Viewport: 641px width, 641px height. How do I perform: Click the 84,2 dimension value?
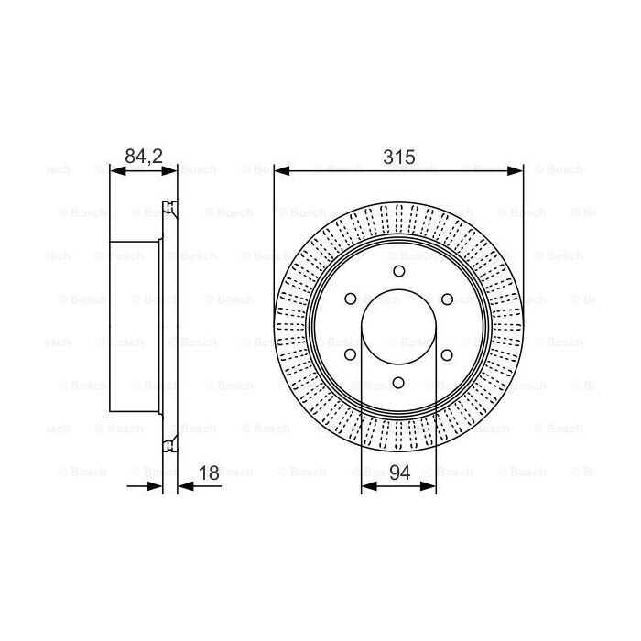tap(143, 157)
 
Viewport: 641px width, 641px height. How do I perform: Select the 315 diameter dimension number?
tap(397, 157)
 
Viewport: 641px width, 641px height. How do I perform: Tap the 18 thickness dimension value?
tap(208, 473)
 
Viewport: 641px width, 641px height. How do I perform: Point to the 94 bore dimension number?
tap(398, 473)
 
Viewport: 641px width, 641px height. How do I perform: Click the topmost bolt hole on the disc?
tap(398, 271)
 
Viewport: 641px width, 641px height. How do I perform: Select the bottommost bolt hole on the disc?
tap(398, 385)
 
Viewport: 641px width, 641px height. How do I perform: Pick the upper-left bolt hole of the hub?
tap(350, 299)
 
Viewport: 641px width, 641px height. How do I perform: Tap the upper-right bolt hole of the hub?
tap(447, 299)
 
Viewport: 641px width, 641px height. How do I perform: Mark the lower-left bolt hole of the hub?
tap(350, 356)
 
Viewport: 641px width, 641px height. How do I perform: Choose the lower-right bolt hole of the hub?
tap(447, 356)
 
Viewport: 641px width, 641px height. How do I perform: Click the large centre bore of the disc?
tap(398, 328)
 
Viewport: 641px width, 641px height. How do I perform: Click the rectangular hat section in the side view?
tap(135, 327)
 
